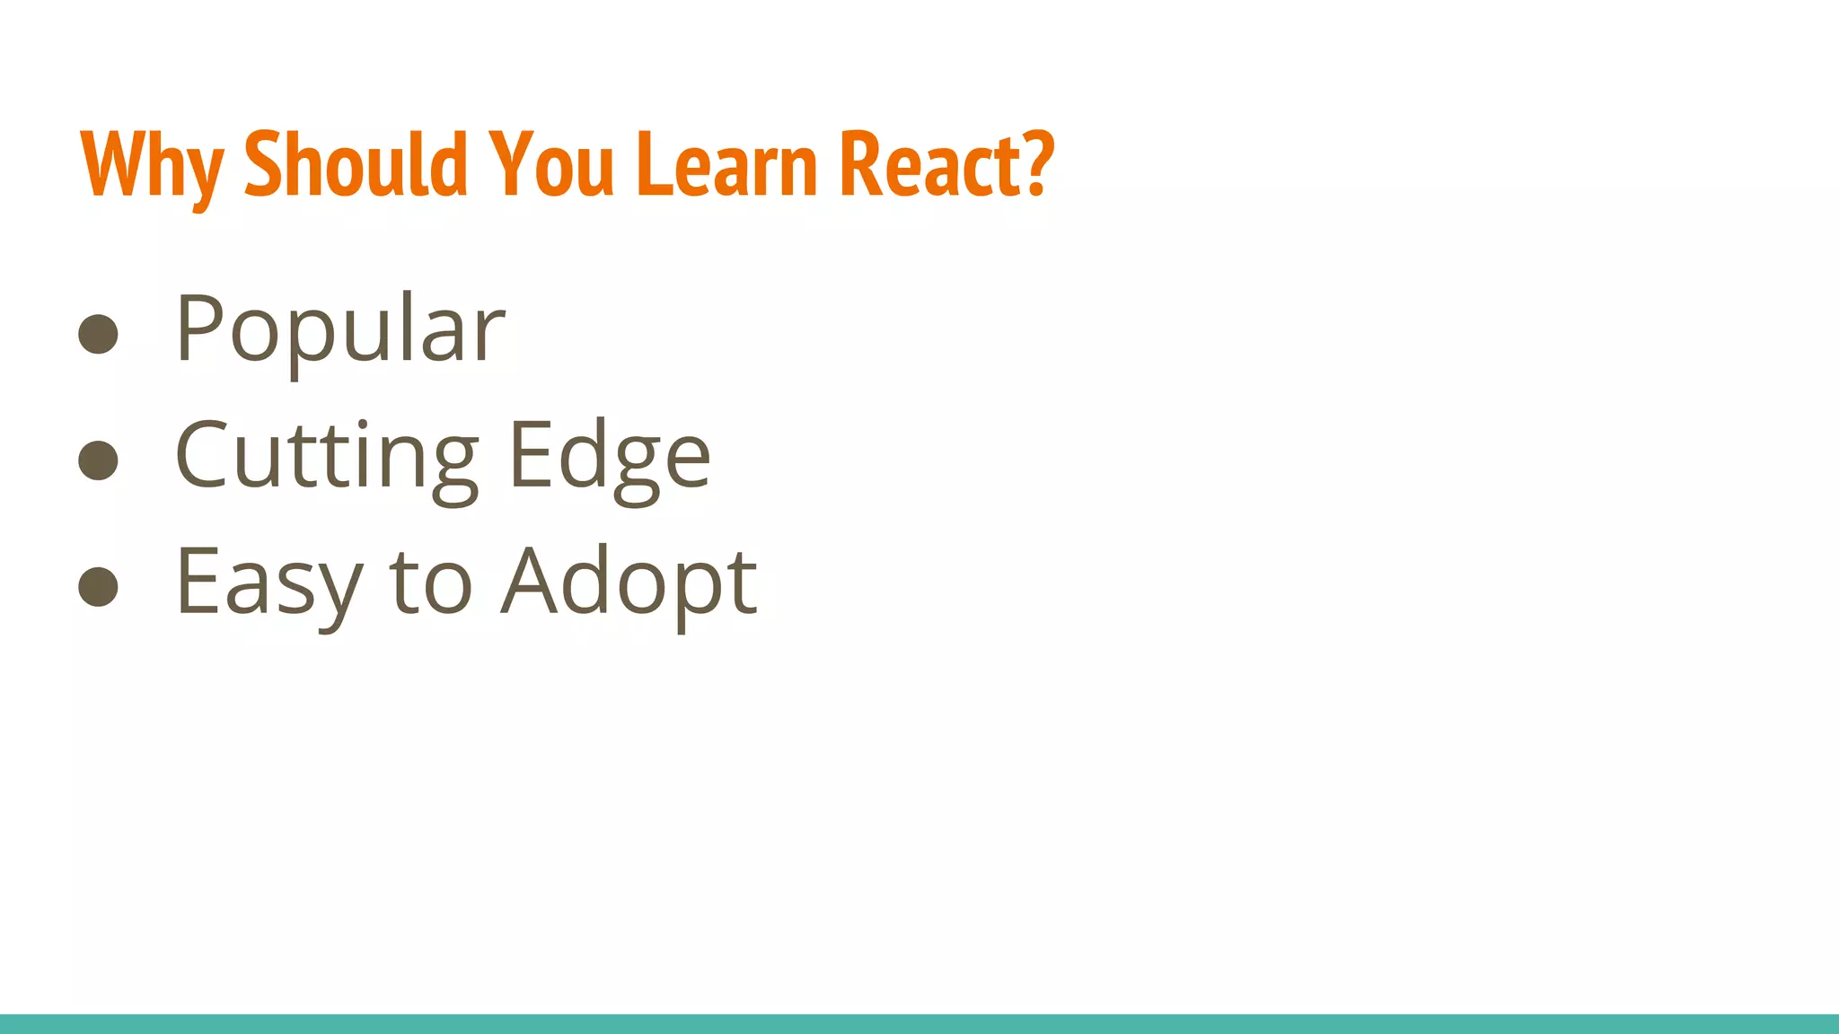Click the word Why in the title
click(151, 165)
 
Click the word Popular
click(340, 330)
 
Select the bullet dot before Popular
click(99, 334)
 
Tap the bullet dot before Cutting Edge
click(99, 460)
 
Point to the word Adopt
click(629, 583)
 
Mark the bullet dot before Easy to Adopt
click(99, 587)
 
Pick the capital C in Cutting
click(201, 454)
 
